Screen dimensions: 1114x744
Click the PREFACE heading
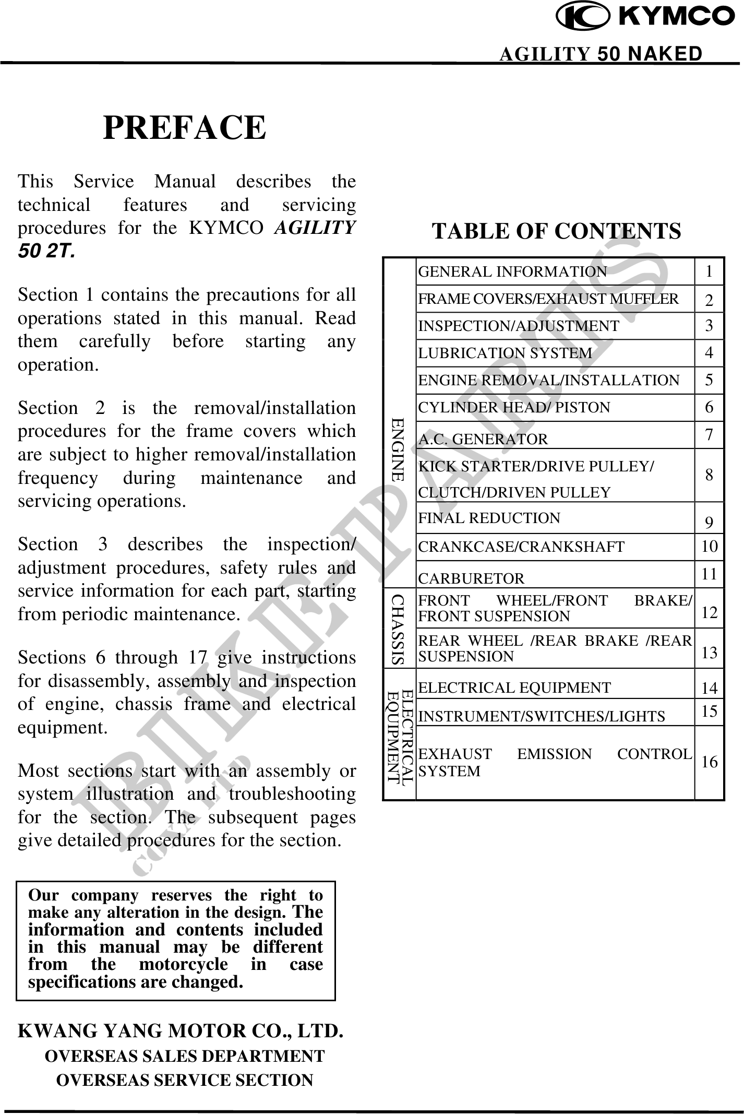[185, 128]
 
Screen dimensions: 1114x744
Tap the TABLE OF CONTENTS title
[557, 231]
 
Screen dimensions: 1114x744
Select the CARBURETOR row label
[471, 578]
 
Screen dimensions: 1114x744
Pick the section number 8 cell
[709, 475]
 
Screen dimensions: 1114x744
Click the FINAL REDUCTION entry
[489, 518]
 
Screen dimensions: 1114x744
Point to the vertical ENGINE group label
[399, 449]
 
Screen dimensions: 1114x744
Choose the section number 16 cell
[709, 762]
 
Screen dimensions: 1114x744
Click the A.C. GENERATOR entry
[483, 440]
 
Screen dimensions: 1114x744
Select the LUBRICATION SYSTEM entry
[505, 353]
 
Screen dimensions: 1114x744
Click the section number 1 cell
[709, 271]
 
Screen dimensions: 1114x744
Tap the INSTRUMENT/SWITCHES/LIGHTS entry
[542, 716]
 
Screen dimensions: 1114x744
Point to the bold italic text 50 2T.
[46, 252]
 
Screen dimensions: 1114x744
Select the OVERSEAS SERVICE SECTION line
[185, 1080]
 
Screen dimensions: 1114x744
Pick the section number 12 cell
[709, 612]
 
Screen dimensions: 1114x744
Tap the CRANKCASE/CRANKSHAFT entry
[521, 547]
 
